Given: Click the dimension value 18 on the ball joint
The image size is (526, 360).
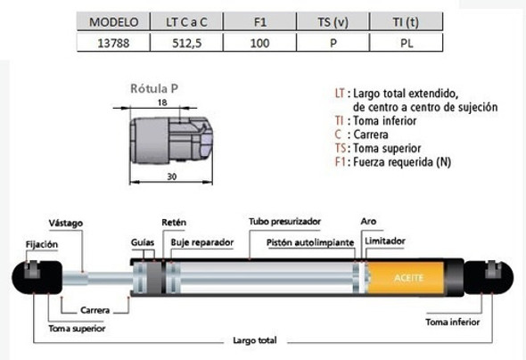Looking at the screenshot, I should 161,104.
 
